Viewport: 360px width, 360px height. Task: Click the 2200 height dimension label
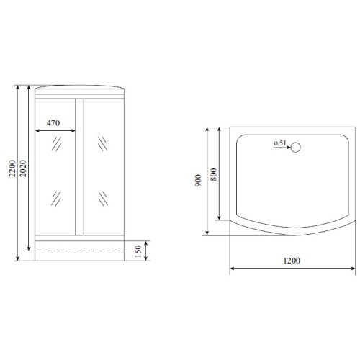pos(12,168)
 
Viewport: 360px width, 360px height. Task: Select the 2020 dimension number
pos(23,168)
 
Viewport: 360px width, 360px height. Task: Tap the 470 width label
pos(53,123)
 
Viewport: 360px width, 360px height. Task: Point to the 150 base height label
pos(138,251)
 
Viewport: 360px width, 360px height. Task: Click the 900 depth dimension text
pos(198,181)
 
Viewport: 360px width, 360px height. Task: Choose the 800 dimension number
pos(213,174)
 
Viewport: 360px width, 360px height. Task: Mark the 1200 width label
pos(292,261)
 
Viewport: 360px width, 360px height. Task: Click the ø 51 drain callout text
pos(280,143)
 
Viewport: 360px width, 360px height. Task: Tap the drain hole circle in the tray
pos(296,148)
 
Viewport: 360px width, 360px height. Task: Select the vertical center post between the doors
pos(79,167)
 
